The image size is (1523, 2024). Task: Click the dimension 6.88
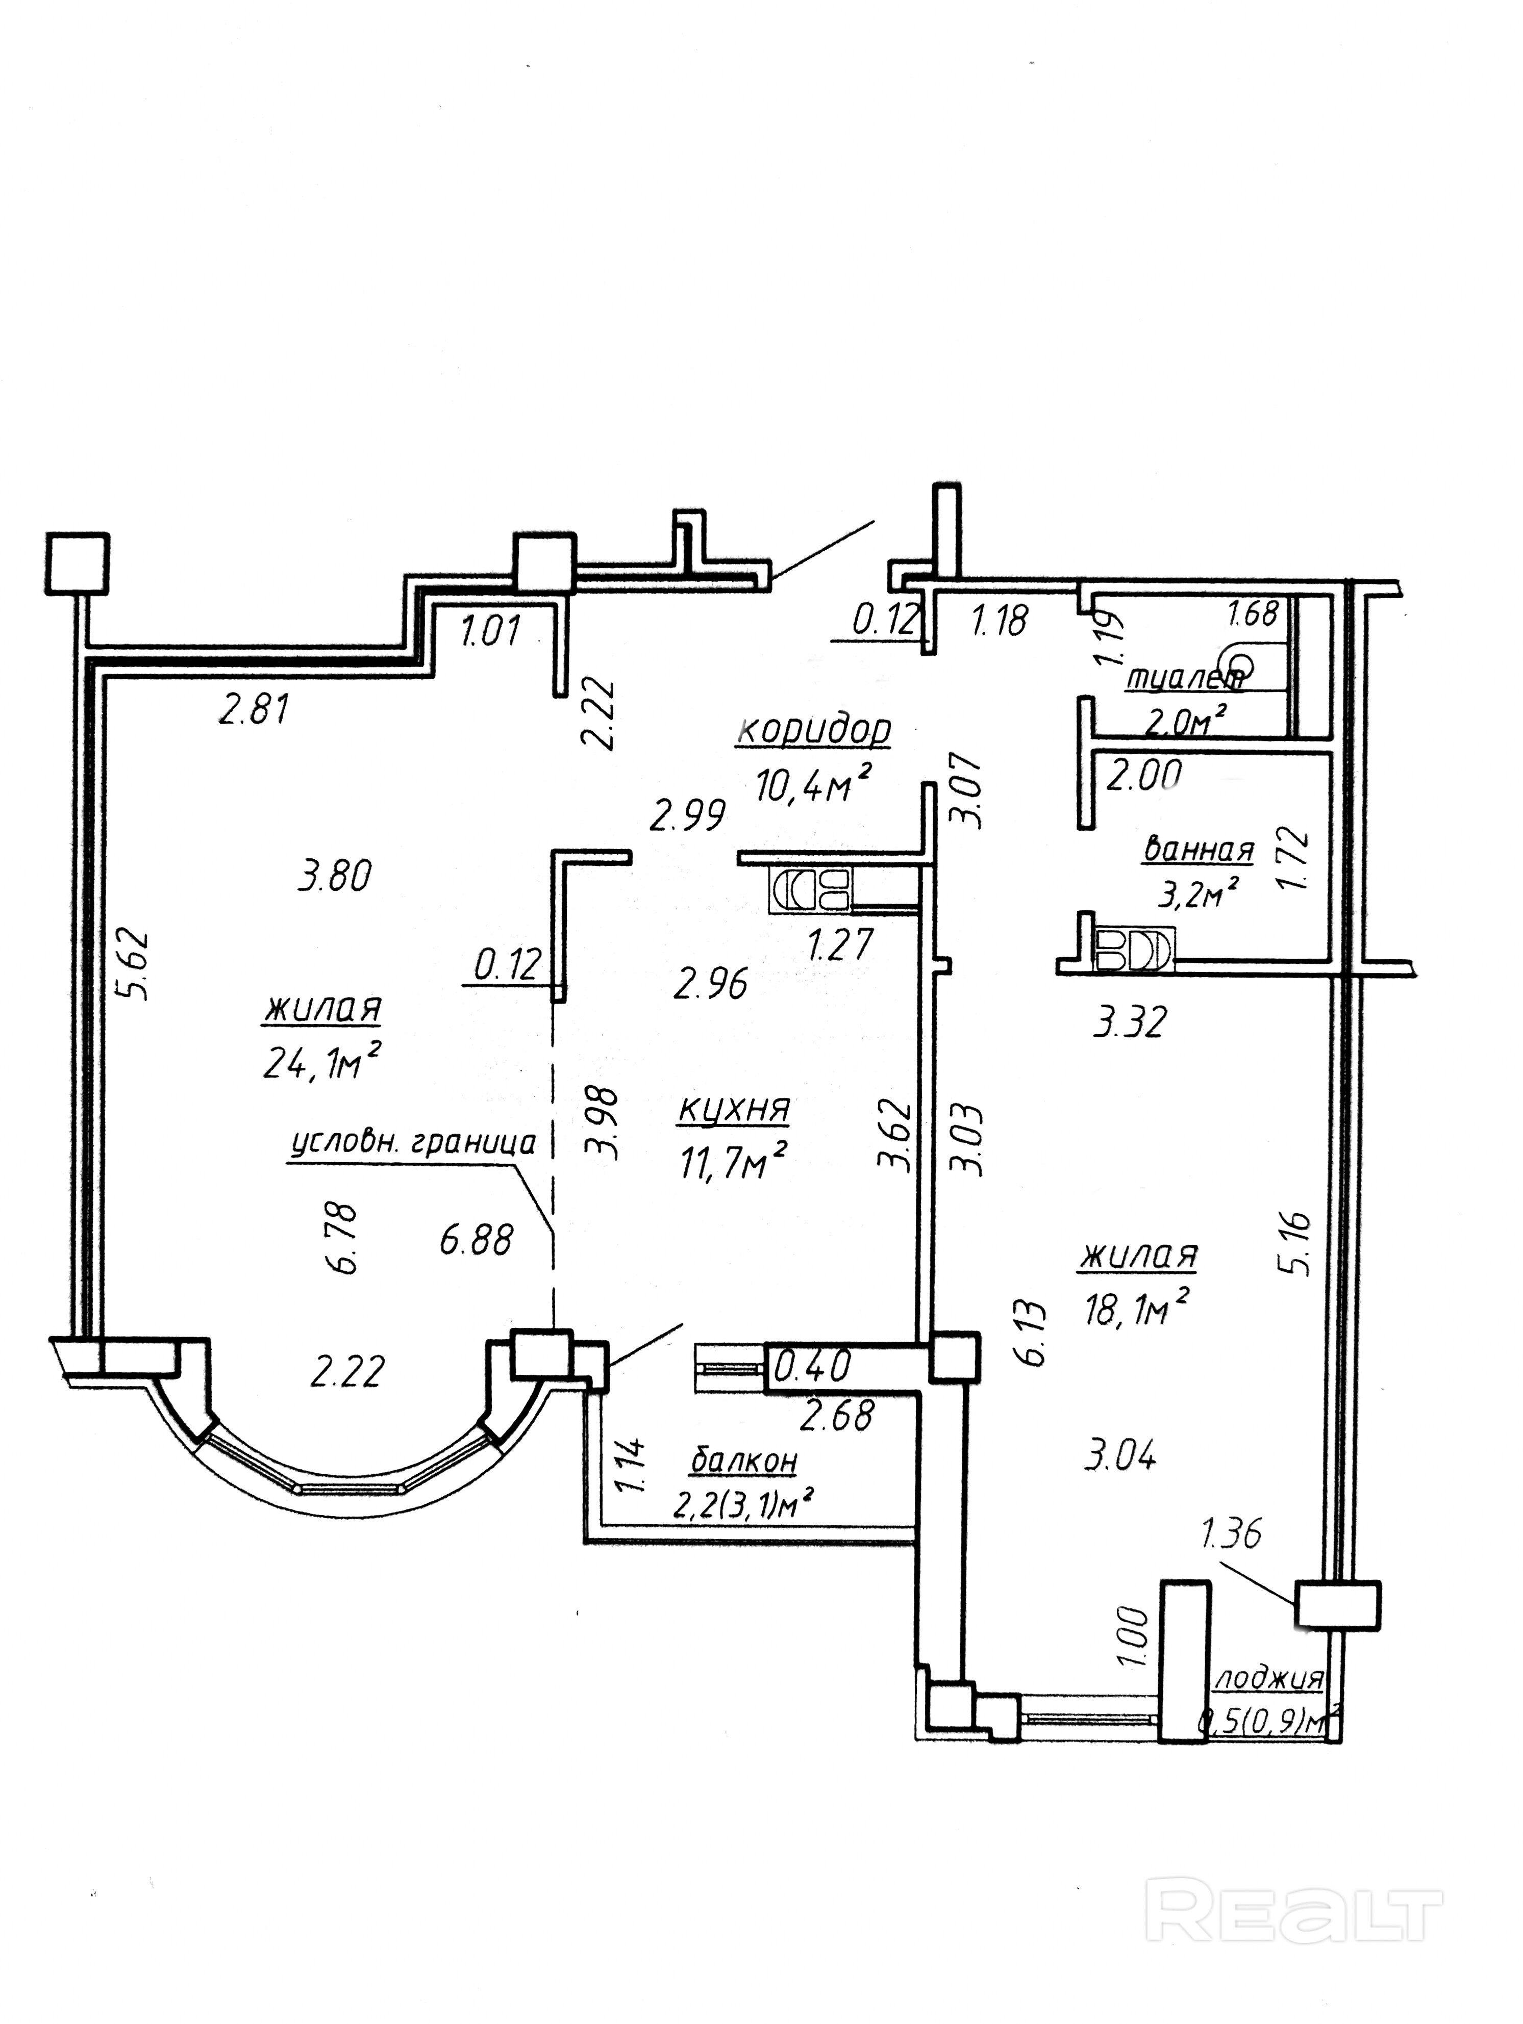[476, 1242]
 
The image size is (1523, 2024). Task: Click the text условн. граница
[412, 1145]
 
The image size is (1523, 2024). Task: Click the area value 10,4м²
[811, 784]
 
